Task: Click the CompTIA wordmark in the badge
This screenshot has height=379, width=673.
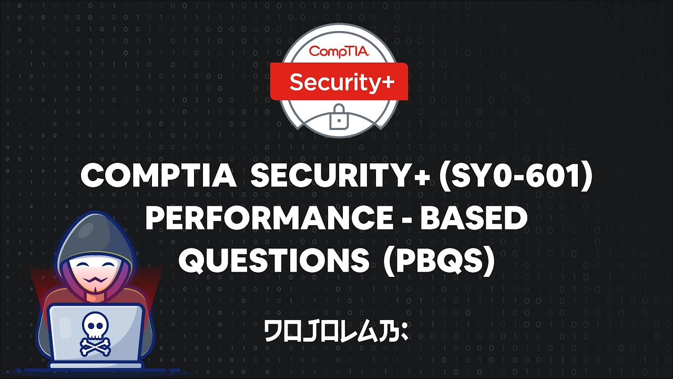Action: (339, 52)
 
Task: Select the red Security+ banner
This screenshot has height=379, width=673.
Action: (339, 82)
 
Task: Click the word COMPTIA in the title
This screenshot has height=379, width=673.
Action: (158, 176)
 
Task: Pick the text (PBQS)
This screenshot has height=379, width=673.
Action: (439, 260)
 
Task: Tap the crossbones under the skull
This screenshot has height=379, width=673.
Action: (96, 345)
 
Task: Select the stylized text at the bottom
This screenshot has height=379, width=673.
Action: (336, 332)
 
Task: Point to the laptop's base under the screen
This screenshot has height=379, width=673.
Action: (96, 365)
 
